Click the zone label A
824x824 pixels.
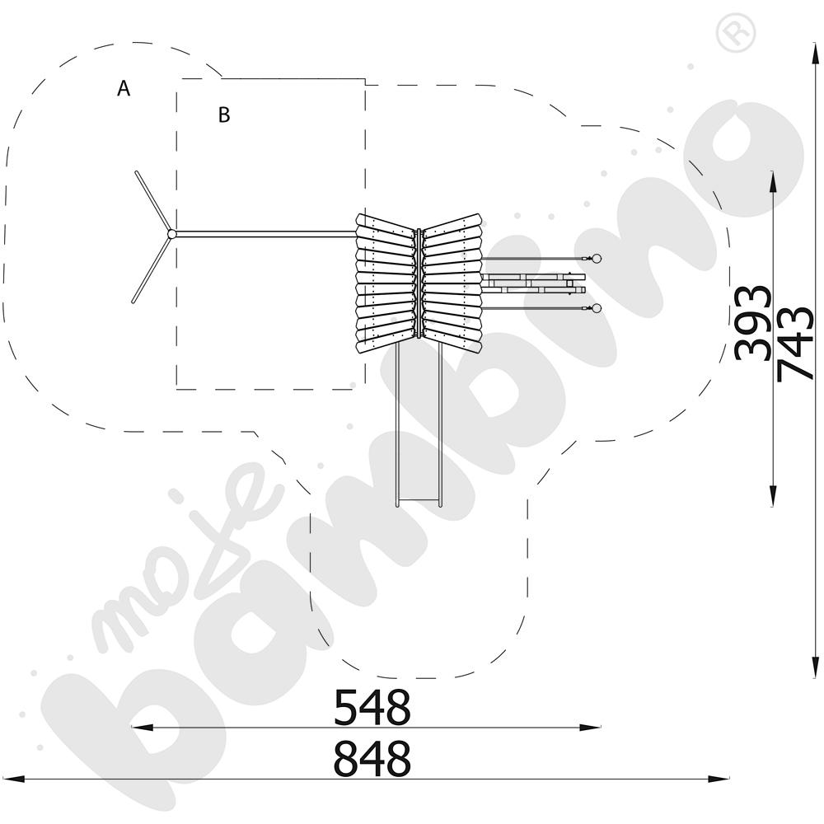coord(124,88)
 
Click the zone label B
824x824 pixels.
coord(224,115)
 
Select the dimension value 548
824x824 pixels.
coord(372,707)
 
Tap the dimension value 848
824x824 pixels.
coord(372,758)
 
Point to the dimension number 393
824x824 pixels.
coord(752,323)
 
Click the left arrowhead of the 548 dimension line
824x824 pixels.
coord(142,728)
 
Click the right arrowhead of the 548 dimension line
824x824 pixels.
coord(590,728)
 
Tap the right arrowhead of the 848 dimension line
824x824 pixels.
coord(718,779)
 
